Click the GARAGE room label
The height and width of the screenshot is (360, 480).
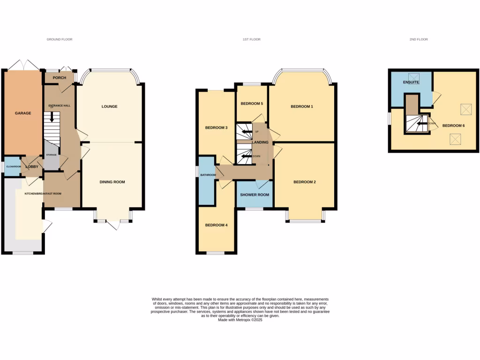pyautogui.click(x=22, y=113)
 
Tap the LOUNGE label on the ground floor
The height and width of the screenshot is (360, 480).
pyautogui.click(x=110, y=106)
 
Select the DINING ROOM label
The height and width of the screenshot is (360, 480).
pyautogui.click(x=112, y=182)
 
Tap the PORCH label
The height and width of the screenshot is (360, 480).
pyautogui.click(x=60, y=78)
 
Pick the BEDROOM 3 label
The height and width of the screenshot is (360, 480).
pyautogui.click(x=216, y=127)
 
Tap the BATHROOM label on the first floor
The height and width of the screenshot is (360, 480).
pyautogui.click(x=208, y=175)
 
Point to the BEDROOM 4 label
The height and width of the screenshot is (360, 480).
pyautogui.click(x=216, y=225)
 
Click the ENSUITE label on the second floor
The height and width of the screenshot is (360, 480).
pyautogui.click(x=411, y=82)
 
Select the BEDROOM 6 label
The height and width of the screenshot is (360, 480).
pyautogui.click(x=454, y=126)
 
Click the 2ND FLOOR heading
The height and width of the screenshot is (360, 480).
pyautogui.click(x=419, y=39)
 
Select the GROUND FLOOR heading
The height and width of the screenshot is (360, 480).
pyautogui.click(x=60, y=39)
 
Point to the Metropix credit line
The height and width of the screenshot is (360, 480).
pyautogui.click(x=240, y=320)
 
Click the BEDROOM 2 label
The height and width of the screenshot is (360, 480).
pyautogui.click(x=305, y=182)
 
